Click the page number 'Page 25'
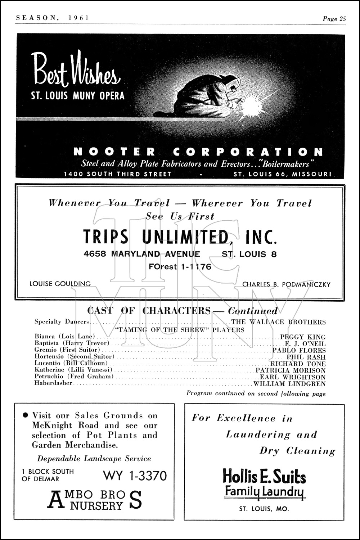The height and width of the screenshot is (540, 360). (x=334, y=19)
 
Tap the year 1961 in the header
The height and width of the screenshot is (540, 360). (x=77, y=18)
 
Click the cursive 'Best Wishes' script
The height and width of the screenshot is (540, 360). (x=76, y=70)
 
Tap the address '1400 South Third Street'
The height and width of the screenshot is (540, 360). (x=118, y=174)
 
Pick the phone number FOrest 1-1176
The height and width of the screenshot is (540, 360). (x=180, y=267)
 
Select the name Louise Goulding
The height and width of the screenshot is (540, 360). (x=60, y=284)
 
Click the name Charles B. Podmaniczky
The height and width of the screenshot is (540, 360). (x=286, y=284)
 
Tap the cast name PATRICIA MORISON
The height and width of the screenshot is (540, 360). (x=291, y=370)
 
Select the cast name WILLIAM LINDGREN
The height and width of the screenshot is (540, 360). (x=289, y=384)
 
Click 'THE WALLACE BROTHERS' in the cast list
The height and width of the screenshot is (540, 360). (x=278, y=322)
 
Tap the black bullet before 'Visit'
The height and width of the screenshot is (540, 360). (x=25, y=415)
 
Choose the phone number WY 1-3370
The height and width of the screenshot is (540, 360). (x=135, y=476)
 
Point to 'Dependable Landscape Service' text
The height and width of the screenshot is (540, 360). (x=94, y=459)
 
